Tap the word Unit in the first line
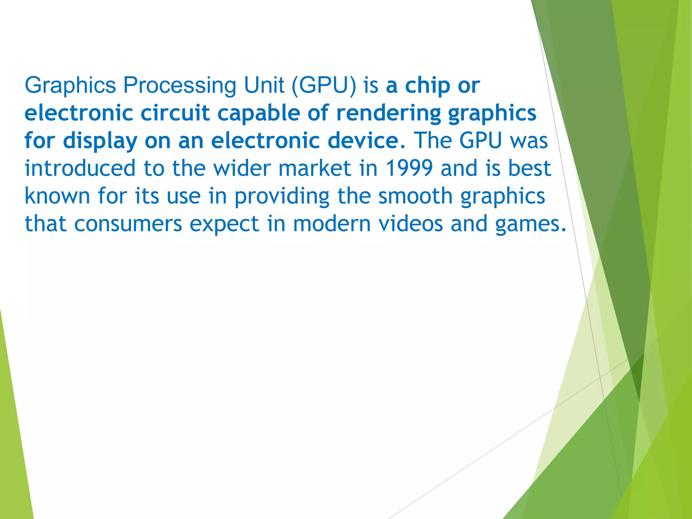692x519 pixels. tap(264, 85)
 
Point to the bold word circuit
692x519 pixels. tap(175, 113)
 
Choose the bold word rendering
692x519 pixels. tap(389, 114)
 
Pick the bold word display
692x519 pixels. tap(100, 141)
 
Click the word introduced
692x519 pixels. tap(80, 168)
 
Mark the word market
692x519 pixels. tap(315, 168)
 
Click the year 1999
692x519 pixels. tap(409, 168)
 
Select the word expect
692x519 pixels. tap(224, 224)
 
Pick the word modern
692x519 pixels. tap(332, 224)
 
